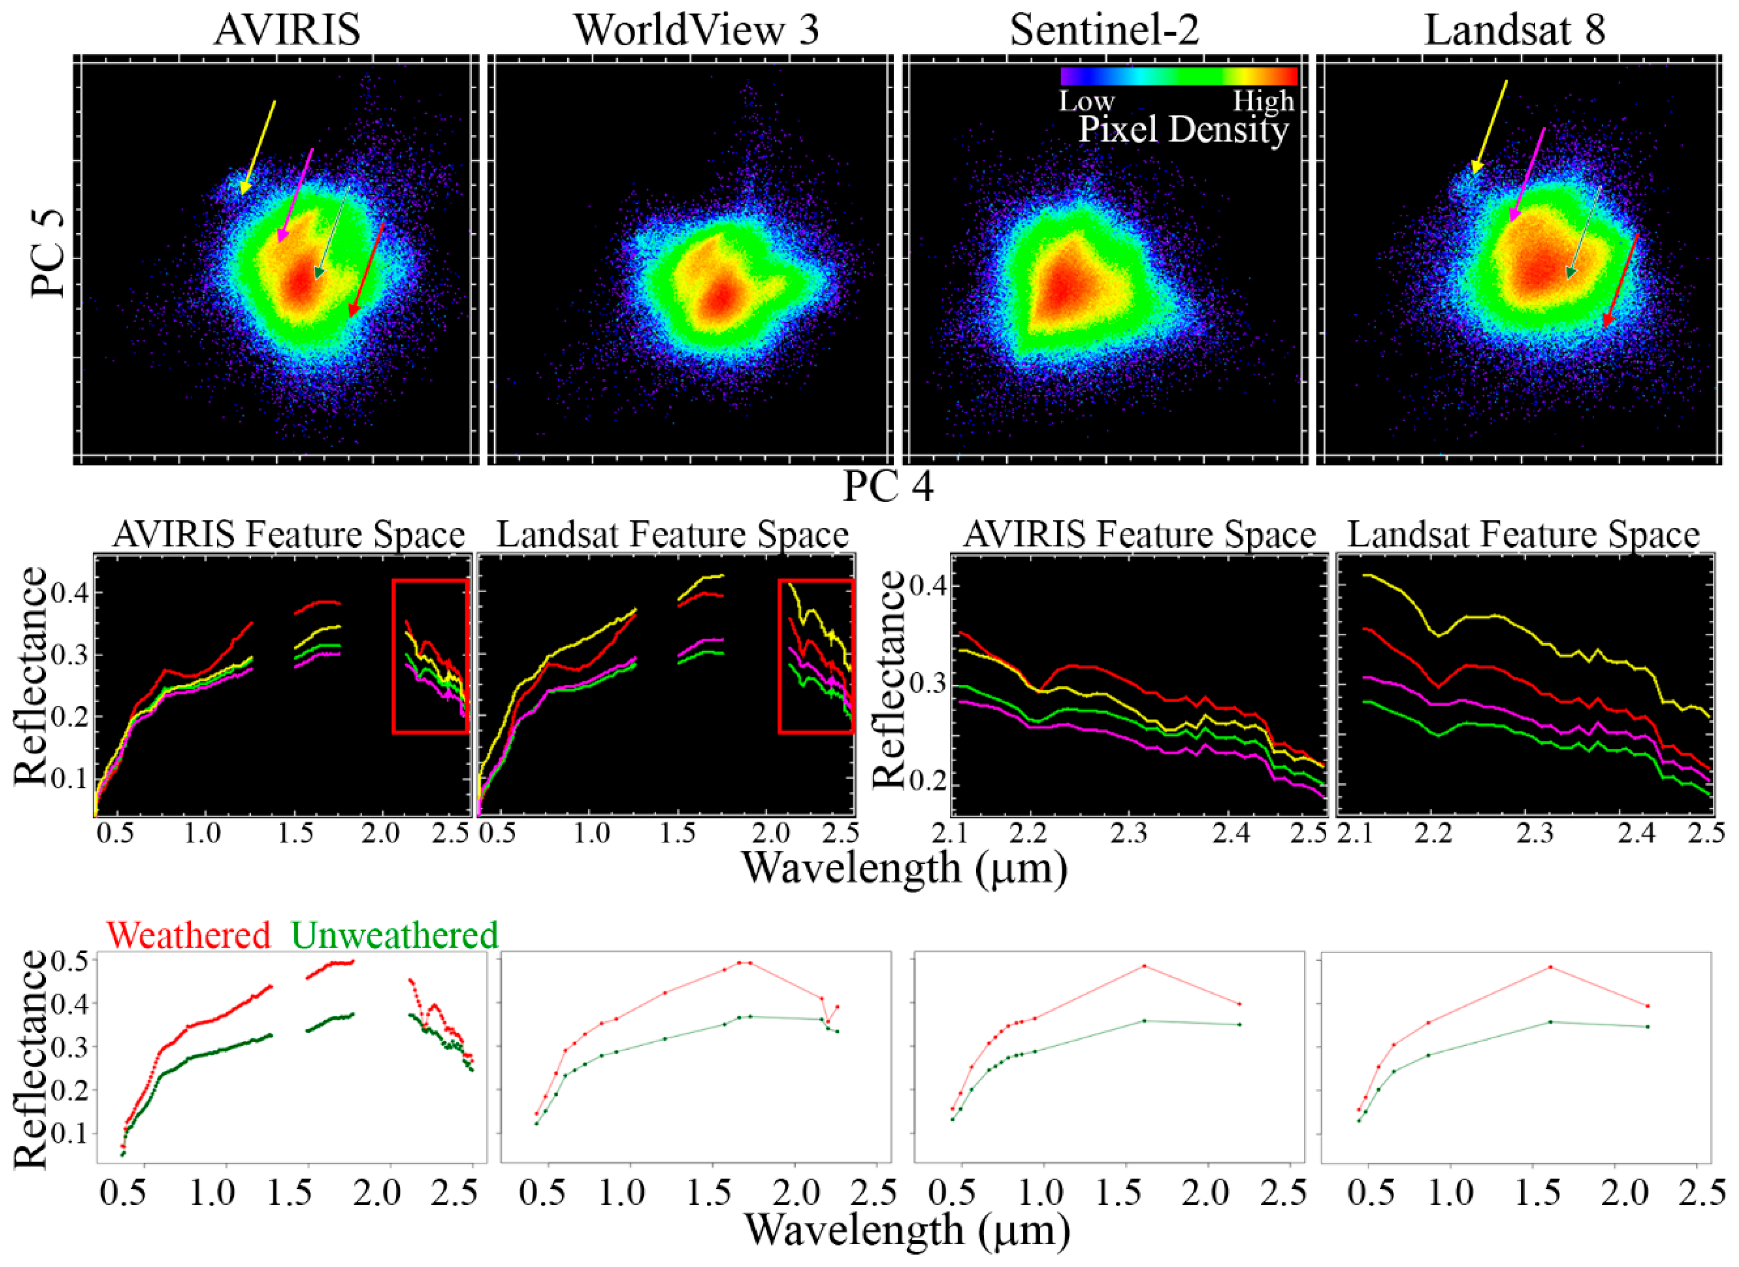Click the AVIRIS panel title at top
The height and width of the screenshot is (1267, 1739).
(x=287, y=30)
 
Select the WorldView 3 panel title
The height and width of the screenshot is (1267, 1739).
(x=696, y=30)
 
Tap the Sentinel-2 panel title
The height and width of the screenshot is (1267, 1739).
(x=1104, y=30)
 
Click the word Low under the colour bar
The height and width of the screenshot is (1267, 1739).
(x=1087, y=101)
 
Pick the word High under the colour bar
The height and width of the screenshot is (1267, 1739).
(x=1262, y=101)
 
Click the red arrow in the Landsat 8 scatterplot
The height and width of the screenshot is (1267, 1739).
(x=1621, y=280)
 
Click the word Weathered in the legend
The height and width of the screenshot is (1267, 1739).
(x=188, y=935)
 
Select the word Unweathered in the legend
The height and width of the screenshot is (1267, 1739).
(x=395, y=935)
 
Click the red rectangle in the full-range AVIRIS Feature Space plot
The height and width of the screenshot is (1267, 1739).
(x=393, y=656)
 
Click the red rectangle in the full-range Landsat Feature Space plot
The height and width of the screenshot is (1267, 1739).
(x=780, y=656)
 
